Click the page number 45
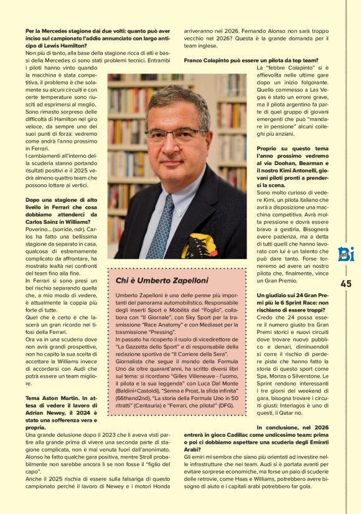tap(345, 283)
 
